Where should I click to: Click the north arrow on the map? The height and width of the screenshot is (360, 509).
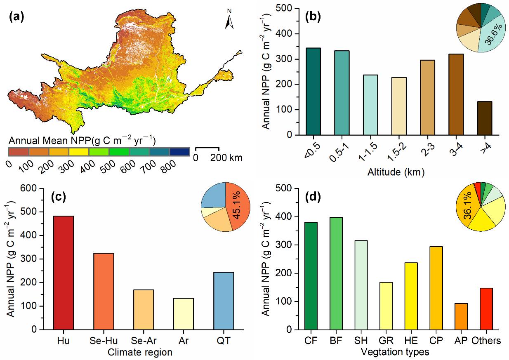click(x=229, y=21)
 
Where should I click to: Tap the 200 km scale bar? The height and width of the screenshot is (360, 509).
click(x=207, y=148)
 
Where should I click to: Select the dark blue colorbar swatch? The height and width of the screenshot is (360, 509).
click(x=179, y=152)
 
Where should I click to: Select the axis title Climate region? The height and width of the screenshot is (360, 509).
click(x=140, y=352)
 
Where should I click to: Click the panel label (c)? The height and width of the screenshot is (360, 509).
click(x=58, y=197)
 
